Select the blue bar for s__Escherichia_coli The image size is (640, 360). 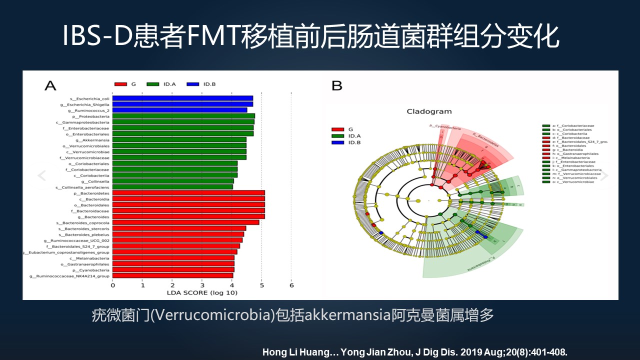(x=182, y=98)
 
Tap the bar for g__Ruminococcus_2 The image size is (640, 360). (x=179, y=110)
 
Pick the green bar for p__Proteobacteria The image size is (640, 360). (x=183, y=116)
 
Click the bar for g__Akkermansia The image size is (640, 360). (x=179, y=139)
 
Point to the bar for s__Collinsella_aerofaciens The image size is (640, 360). (x=172, y=187)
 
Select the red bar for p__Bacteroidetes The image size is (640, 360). (x=188, y=193)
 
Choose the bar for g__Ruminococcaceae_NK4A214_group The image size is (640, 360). (x=172, y=275)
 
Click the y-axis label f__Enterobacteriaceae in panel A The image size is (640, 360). (x=88, y=128)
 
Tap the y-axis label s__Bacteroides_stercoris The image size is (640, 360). (x=84, y=228)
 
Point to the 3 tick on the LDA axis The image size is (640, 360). (x=202, y=285)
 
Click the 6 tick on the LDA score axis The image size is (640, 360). (x=291, y=285)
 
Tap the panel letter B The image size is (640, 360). (x=337, y=85)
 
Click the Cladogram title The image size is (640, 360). (x=429, y=111)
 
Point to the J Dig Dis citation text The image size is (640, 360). (x=414, y=352)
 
